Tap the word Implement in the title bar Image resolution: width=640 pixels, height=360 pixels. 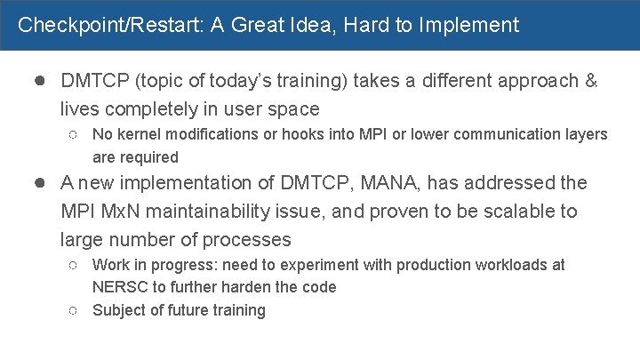pyautogui.click(x=474, y=25)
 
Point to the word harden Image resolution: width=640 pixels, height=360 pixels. pyautogui.click(x=241, y=287)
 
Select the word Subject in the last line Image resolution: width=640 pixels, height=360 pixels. pyautogui.click(x=119, y=310)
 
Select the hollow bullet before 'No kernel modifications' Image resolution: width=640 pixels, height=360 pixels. pyautogui.click(x=74, y=135)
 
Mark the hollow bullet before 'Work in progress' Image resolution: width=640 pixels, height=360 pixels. pyautogui.click(x=74, y=266)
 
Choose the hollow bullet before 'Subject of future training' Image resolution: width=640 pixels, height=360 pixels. pyautogui.click(x=74, y=311)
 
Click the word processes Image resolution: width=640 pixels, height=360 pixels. pyautogui.click(x=246, y=240)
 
